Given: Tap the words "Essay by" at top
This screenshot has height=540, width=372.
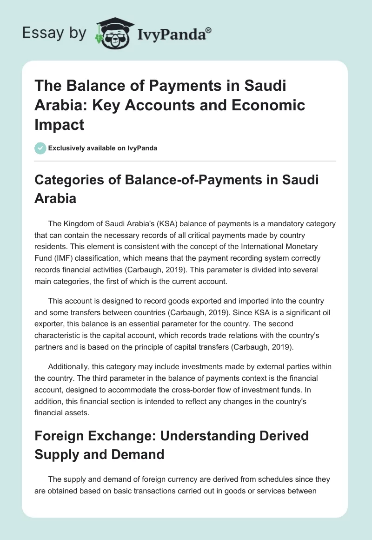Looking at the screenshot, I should (54, 33).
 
